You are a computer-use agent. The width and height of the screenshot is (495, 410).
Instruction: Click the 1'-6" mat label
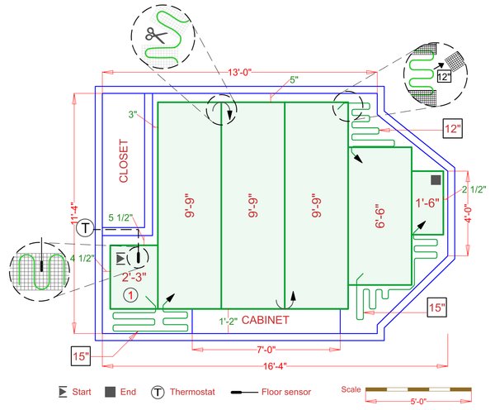[x=427, y=202]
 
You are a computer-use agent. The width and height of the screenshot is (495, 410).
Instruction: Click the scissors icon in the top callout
[x=154, y=35]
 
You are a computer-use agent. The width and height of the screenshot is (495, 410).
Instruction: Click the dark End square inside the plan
[x=436, y=179]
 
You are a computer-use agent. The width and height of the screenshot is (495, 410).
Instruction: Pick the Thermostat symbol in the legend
[x=158, y=392]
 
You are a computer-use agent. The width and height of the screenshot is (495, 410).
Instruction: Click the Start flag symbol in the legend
[x=59, y=392]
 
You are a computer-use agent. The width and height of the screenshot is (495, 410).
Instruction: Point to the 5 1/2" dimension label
[x=120, y=218]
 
